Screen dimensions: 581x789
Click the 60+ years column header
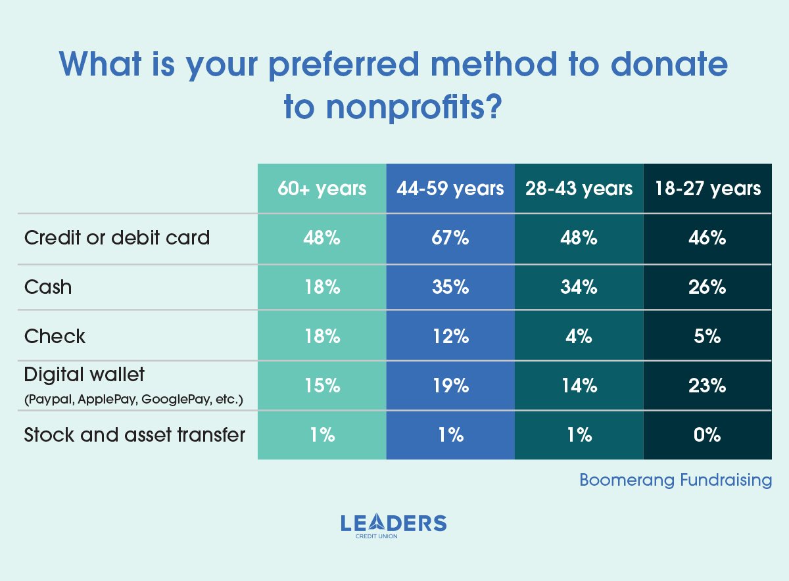(322, 189)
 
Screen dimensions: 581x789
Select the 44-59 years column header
(450, 189)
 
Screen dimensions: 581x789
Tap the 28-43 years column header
(579, 189)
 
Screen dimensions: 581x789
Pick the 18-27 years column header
(707, 189)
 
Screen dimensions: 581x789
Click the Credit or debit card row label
(117, 237)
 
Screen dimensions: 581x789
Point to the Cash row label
(48, 287)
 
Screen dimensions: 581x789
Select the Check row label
(55, 337)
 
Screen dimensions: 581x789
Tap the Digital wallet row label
(84, 375)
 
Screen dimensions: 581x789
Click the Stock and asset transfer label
(135, 434)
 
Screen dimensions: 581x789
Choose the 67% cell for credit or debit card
(450, 238)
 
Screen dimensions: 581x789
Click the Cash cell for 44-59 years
(450, 287)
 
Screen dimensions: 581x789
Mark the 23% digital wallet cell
(707, 386)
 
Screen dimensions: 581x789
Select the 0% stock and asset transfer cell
(707, 435)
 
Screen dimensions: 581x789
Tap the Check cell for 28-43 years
(579, 337)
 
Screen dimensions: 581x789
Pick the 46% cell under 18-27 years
(707, 238)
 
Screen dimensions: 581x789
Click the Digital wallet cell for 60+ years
(322, 386)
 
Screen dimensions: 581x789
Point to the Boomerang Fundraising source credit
(675, 480)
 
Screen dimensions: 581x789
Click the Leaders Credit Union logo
(394, 526)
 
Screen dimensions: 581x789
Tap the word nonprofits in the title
(408, 107)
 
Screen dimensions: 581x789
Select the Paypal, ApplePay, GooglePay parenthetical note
(133, 398)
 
